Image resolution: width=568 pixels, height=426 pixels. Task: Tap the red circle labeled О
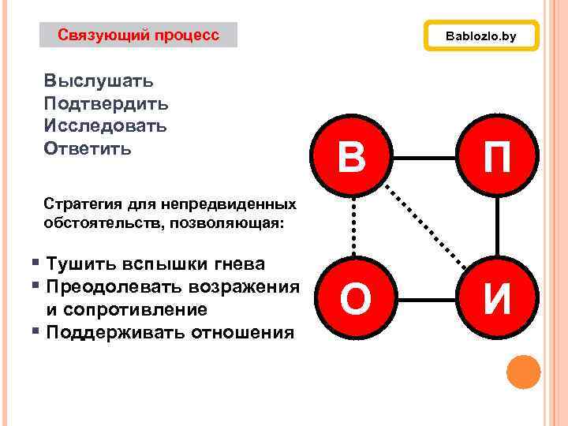pyautogui.click(x=354, y=299)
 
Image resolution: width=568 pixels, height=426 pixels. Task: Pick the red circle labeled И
pyautogui.click(x=497, y=299)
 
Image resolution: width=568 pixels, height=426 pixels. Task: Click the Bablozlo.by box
pyautogui.click(x=481, y=36)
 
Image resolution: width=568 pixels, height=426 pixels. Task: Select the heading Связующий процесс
pyautogui.click(x=138, y=35)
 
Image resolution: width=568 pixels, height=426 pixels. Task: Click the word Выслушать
pyautogui.click(x=99, y=80)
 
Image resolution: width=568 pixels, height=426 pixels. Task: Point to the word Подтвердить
pyautogui.click(x=106, y=103)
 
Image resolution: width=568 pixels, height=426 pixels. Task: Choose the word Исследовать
pyautogui.click(x=105, y=126)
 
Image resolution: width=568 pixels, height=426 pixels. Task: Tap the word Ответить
pyautogui.click(x=88, y=149)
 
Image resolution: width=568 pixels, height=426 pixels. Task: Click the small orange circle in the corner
pyautogui.click(x=522, y=372)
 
